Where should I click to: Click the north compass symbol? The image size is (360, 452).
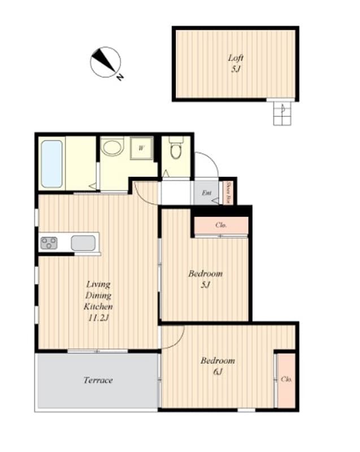click(x=105, y=62)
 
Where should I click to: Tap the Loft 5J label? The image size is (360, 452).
click(x=236, y=62)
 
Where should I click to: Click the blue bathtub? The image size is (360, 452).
click(x=51, y=163)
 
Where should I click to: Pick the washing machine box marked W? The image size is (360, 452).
click(x=141, y=149)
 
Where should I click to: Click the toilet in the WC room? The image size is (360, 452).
click(x=175, y=150)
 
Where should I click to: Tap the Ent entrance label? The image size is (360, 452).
click(x=207, y=193)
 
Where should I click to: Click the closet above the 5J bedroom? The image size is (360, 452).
click(x=222, y=225)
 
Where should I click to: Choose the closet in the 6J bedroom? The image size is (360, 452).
click(x=286, y=379)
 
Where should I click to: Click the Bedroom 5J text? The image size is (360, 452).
click(x=205, y=279)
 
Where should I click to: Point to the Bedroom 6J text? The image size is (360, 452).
click(x=218, y=366)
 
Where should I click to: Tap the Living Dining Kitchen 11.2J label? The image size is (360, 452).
click(x=98, y=301)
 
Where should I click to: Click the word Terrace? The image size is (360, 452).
click(x=98, y=380)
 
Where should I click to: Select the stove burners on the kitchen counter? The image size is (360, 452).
click(x=49, y=243)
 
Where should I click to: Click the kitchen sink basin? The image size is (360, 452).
click(x=83, y=243)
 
